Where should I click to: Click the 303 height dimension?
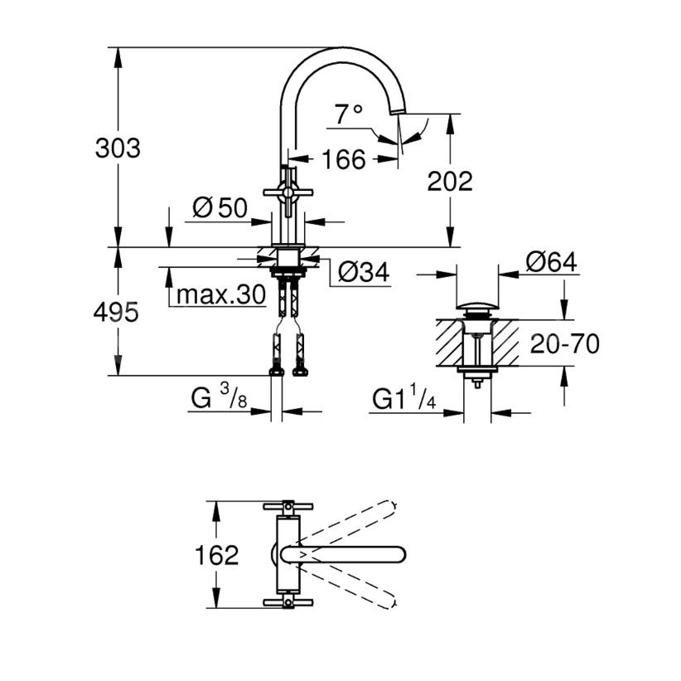click(118, 149)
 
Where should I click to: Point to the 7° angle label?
click(349, 113)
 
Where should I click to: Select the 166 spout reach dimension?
click(343, 159)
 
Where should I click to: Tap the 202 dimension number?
click(450, 181)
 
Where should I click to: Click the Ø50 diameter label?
click(220, 208)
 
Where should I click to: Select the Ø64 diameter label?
click(551, 263)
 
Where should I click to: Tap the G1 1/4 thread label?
click(403, 400)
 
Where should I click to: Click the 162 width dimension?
click(218, 555)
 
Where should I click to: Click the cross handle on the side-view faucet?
click(287, 192)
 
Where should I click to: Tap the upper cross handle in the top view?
click(287, 506)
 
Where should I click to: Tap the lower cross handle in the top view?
click(287, 602)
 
